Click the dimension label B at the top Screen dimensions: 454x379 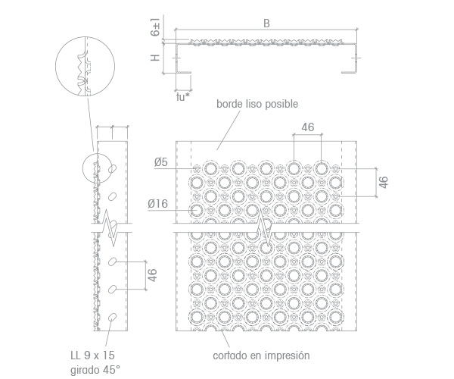266,23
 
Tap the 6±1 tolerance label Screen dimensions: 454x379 155,27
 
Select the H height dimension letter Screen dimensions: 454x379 155,58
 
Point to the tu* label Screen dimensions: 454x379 183,97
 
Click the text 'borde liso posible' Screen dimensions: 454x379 257,104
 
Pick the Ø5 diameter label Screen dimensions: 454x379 160,162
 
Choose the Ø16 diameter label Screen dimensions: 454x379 157,204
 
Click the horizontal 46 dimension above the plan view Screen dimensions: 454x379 307,127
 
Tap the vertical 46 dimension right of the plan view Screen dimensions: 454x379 383,182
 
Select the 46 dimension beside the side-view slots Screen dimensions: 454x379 152,275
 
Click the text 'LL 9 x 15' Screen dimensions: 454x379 92,356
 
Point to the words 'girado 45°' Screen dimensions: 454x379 95,370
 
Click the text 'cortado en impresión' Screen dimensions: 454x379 261,356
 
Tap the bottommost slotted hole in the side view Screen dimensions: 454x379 112,318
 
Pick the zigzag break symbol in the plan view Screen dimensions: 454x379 264,227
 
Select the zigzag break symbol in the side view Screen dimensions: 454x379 109,227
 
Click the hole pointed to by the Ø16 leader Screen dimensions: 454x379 197,210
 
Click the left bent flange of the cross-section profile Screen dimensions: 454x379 177,58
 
